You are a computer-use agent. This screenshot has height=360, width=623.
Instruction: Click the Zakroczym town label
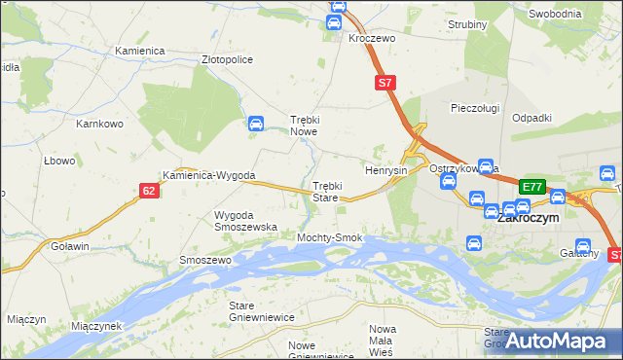pyautogui.click(x=528, y=220)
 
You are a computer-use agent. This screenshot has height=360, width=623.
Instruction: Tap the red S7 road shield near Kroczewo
pyautogui.click(x=385, y=84)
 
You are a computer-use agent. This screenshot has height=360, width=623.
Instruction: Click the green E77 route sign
pyautogui.click(x=531, y=187)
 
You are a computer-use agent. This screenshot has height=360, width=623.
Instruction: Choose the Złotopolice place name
pyautogui.click(x=227, y=59)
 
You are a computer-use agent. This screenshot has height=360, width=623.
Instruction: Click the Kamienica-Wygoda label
pyautogui.click(x=209, y=176)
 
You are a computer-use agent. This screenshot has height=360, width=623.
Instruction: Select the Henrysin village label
pyautogui.click(x=385, y=170)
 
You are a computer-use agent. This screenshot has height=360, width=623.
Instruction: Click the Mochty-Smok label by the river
pyautogui.click(x=330, y=237)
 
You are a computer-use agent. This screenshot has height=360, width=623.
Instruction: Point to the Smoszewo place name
pyautogui.click(x=204, y=261)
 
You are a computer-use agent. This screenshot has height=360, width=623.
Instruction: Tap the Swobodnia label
pyautogui.click(x=555, y=14)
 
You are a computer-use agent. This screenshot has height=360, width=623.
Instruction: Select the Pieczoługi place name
pyautogui.click(x=475, y=108)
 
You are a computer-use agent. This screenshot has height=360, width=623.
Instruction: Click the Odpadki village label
pyautogui.click(x=531, y=118)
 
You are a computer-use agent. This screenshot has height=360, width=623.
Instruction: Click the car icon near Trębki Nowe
pyautogui.click(x=255, y=125)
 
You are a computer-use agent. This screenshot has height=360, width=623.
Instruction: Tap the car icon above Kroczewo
pyautogui.click(x=337, y=7)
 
